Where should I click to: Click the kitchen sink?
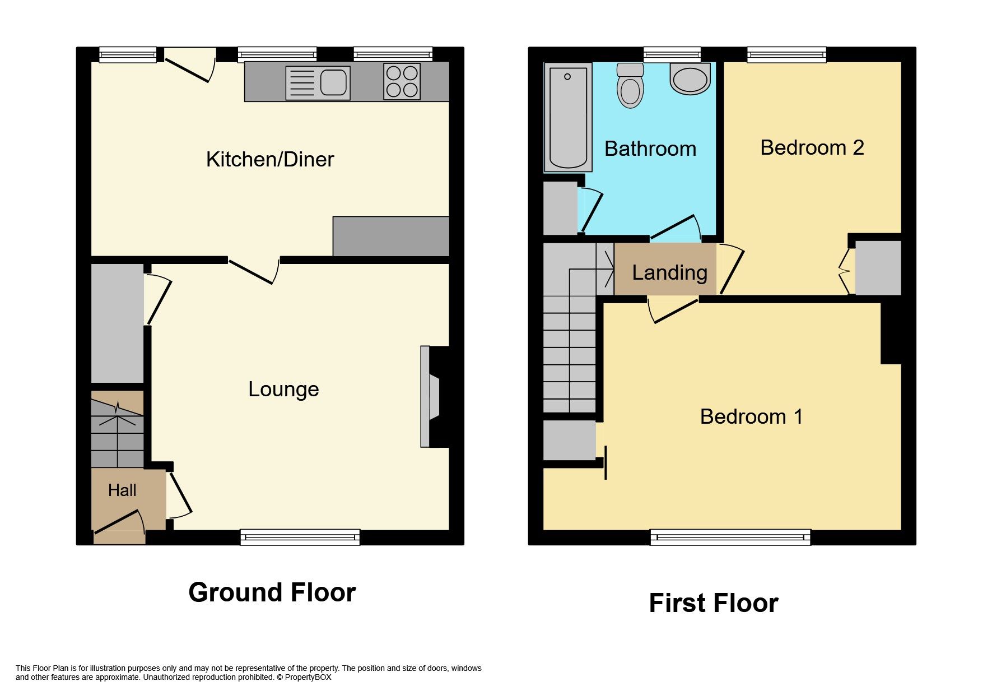coord(318,83)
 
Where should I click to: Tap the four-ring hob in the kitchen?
coord(402,82)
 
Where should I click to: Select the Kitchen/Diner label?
coord(269,160)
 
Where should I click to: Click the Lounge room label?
coord(283,389)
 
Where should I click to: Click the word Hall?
coord(122,490)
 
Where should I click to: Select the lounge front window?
coord(300,537)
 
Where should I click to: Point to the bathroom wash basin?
coord(690,78)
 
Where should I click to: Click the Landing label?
coord(669,273)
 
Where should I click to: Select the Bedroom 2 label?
coord(812,148)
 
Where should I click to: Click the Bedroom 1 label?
coord(751,417)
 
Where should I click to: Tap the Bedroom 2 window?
coord(786,54)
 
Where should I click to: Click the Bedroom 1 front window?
coord(730,537)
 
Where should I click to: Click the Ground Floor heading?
coord(272,592)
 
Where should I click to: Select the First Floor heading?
coord(713,604)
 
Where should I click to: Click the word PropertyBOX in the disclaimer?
coord(308,677)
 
